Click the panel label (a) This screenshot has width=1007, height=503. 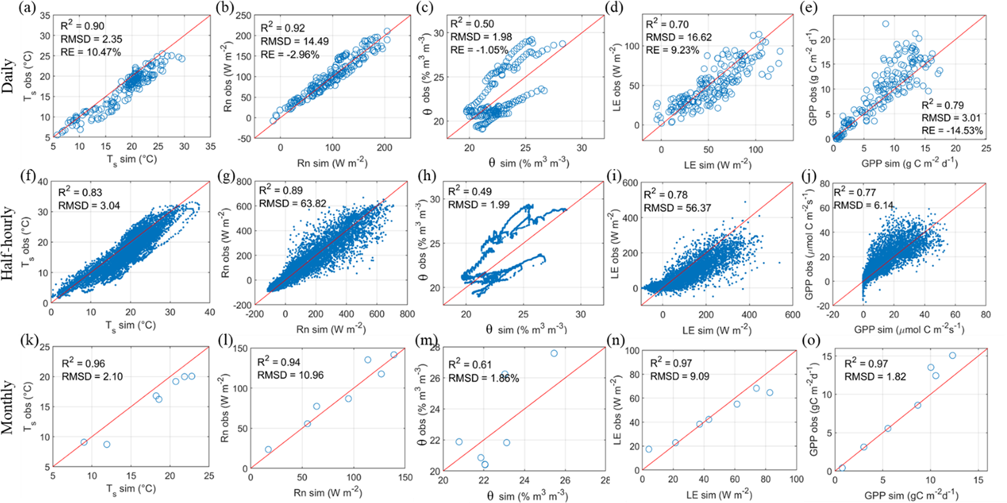point(27,9)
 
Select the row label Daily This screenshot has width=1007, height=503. point(9,77)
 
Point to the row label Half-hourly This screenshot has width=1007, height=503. point(8,243)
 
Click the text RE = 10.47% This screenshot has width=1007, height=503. point(91,52)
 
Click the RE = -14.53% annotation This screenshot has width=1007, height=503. point(952,131)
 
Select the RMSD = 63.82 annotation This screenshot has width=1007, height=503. point(292,203)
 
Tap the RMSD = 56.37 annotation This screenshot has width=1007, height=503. point(677,208)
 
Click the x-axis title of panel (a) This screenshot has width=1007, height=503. point(132,159)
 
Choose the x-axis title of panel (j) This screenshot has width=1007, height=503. point(909,330)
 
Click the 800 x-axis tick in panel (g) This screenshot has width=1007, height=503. point(407,314)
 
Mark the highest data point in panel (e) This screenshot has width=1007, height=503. point(885,24)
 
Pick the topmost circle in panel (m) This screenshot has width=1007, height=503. point(554,353)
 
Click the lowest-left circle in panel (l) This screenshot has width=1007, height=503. point(268,449)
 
